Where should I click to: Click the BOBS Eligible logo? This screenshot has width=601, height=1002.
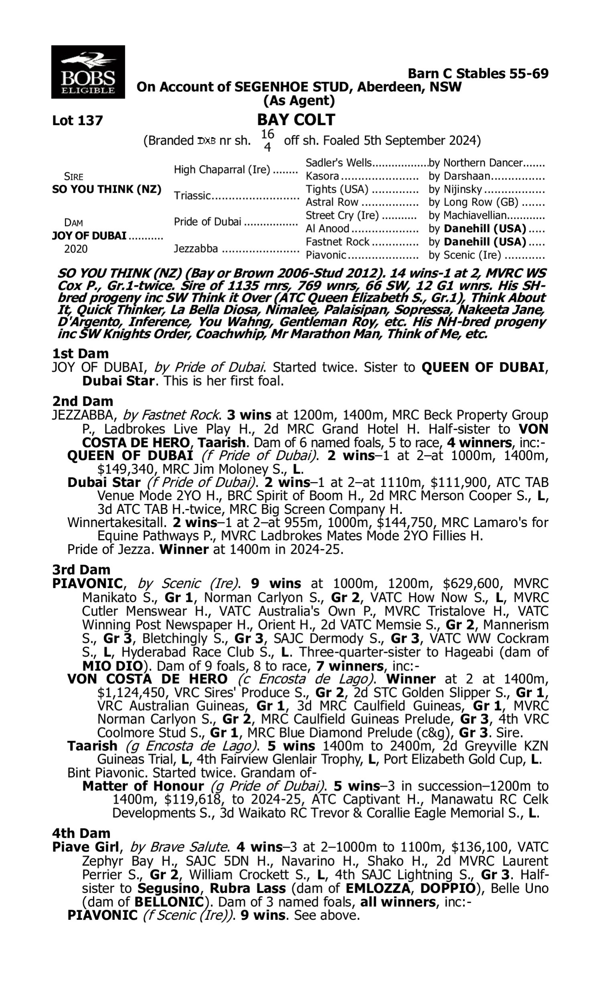[x=88, y=72]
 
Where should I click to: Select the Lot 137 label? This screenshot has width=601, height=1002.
[x=77, y=121]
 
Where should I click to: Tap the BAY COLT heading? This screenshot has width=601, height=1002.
[x=296, y=120]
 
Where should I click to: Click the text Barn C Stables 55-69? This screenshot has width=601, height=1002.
[x=478, y=74]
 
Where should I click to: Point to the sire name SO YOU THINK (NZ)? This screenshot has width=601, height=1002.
[x=107, y=190]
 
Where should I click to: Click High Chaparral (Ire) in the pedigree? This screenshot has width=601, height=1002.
[x=222, y=170]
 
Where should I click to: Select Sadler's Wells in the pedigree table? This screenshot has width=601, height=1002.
[x=338, y=163]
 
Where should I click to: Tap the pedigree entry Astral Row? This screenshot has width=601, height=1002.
[x=332, y=202]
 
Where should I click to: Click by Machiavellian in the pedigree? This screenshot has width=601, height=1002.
[x=468, y=216]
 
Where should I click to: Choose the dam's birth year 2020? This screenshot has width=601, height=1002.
[x=76, y=248]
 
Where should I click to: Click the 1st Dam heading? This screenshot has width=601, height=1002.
[x=80, y=354]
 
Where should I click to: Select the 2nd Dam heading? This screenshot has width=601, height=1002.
[x=82, y=401]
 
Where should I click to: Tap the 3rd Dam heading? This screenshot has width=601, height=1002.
[x=81, y=570]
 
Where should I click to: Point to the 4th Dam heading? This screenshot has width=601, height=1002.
[x=81, y=833]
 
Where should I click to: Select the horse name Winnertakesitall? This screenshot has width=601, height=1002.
[x=116, y=523]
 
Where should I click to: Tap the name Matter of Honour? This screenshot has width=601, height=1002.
[x=143, y=786]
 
